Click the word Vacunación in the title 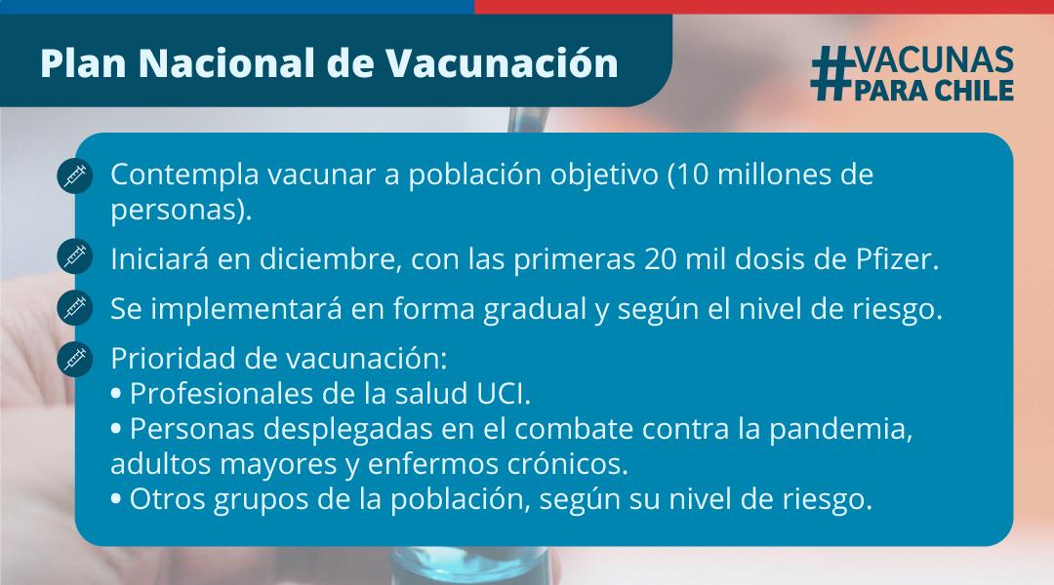(502, 63)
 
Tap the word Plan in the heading (83, 63)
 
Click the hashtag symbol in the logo (831, 74)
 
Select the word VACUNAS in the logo (934, 60)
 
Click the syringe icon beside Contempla (75, 175)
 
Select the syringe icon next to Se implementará (75, 307)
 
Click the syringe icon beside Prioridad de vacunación (75, 359)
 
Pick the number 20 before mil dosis (660, 259)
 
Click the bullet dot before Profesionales (116, 395)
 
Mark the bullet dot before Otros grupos (116, 500)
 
